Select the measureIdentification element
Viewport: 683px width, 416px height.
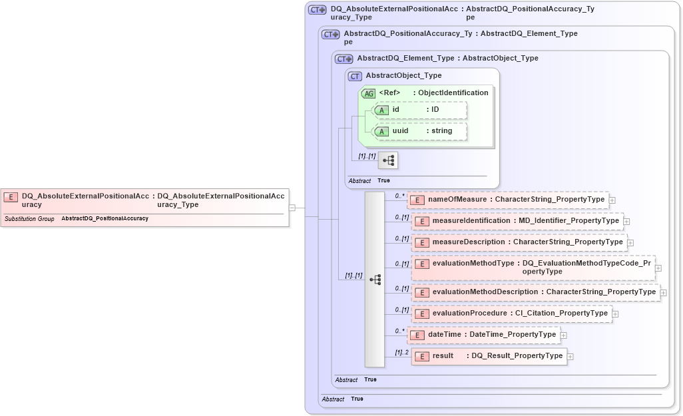[x=517, y=221]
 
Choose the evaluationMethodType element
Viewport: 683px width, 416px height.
[x=533, y=268]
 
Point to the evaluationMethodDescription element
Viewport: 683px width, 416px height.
[x=535, y=292]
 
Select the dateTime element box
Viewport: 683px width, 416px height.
[x=483, y=334]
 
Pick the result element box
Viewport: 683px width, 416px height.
[x=489, y=356]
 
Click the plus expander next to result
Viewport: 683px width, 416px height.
[x=570, y=357]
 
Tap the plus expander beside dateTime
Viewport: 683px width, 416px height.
[x=564, y=335]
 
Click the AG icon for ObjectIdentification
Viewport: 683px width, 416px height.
[x=369, y=93]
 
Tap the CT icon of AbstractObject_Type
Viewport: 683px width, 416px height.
[x=355, y=76]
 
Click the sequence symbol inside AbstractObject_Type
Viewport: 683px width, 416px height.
[x=387, y=160]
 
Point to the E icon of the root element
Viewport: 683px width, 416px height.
[x=11, y=197]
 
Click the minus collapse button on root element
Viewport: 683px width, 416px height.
[x=292, y=208]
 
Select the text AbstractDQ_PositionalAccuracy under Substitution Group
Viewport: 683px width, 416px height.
[x=105, y=219]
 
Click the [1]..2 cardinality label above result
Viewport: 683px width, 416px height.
[x=401, y=352]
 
